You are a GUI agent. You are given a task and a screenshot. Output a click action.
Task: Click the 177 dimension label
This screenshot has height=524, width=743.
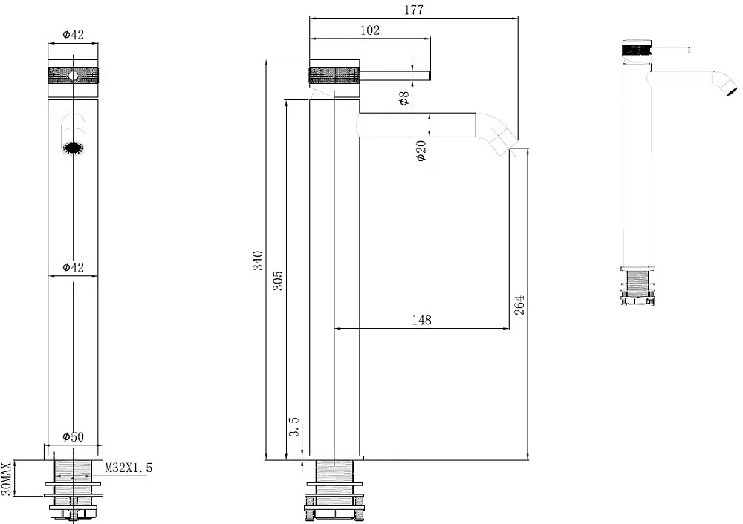click(x=414, y=10)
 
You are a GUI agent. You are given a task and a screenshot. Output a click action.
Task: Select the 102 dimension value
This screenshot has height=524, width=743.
click(x=369, y=30)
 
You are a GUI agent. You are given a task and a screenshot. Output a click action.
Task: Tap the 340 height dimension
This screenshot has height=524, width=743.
click(x=258, y=261)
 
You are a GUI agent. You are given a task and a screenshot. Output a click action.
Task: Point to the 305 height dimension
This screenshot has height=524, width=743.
click(x=278, y=281)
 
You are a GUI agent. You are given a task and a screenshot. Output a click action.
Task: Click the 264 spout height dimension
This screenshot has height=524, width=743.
click(x=519, y=305)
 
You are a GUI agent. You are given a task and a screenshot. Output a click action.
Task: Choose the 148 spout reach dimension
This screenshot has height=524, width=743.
click(x=422, y=321)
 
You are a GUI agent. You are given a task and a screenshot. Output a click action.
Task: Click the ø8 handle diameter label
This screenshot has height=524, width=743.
click(x=403, y=99)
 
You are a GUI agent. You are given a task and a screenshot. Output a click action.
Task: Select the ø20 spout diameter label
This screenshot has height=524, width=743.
click(x=421, y=151)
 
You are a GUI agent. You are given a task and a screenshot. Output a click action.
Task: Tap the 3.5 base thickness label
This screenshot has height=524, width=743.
click(x=294, y=427)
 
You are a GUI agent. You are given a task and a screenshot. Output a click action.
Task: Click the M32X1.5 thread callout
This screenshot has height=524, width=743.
click(x=129, y=468)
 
